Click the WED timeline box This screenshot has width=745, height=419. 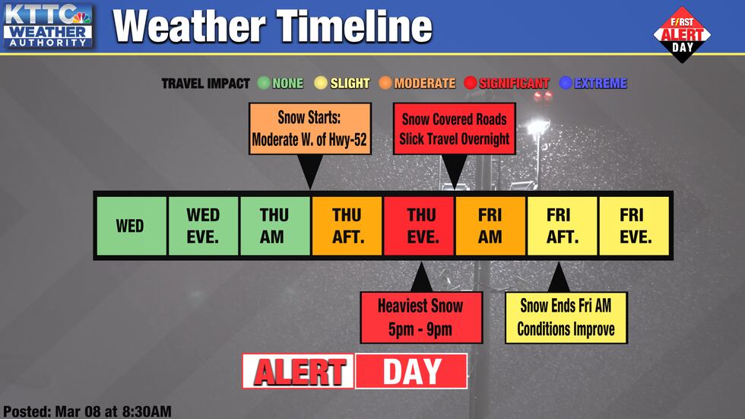[130, 226]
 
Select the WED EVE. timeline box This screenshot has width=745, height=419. [202, 226]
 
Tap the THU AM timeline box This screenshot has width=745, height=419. [274, 226]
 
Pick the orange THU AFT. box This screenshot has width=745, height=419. [346, 226]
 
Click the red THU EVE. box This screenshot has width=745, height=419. [418, 226]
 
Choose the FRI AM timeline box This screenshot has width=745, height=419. [490, 226]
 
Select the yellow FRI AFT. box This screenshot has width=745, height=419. [562, 226]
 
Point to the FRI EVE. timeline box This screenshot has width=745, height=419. [634, 226]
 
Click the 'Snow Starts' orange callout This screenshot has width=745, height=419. [310, 129]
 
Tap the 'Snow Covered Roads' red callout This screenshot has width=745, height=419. [454, 129]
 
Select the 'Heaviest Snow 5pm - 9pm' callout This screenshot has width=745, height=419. [420, 317]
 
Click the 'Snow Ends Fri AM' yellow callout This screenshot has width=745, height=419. [566, 317]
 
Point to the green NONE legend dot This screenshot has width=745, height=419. [264, 83]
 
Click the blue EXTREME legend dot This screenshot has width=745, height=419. [566, 83]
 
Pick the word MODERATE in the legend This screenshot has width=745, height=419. [424, 83]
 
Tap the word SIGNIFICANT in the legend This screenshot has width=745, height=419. [514, 83]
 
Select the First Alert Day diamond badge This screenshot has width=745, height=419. [682, 34]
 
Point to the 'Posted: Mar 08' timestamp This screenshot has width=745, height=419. [87, 411]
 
